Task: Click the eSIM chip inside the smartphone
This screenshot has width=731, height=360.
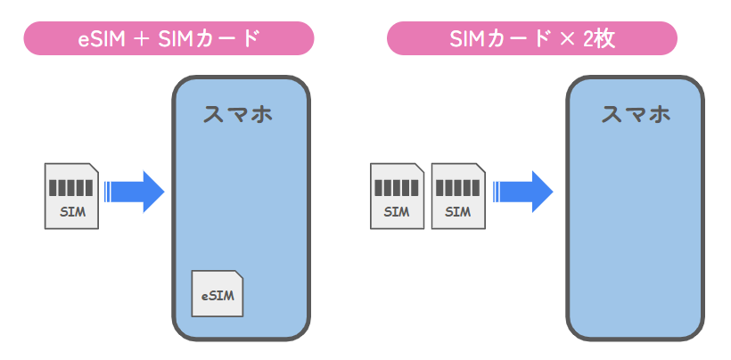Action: [x=218, y=293]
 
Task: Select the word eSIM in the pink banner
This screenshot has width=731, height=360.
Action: [x=102, y=38]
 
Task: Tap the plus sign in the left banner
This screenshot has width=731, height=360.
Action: [x=142, y=39]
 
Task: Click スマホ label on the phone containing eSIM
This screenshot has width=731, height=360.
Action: [x=238, y=114]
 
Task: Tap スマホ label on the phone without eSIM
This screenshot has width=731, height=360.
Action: [x=636, y=114]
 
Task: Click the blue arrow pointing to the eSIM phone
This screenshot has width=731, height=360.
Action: [x=135, y=192]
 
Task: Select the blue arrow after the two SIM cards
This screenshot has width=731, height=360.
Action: [x=522, y=192]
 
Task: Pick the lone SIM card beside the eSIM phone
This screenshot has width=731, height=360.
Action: [x=72, y=196]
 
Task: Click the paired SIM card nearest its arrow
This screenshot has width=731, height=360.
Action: [x=458, y=196]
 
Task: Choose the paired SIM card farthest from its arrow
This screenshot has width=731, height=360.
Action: [x=398, y=196]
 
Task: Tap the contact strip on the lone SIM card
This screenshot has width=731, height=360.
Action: [x=70, y=188]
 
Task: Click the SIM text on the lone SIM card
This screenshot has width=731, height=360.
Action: [x=73, y=212]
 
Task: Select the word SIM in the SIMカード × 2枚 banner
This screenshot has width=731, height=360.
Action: [x=468, y=38]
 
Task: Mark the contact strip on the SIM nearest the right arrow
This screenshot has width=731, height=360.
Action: [x=458, y=188]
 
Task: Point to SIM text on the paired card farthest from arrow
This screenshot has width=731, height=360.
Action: [x=397, y=212]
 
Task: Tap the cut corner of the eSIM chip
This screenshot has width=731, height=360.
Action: [x=239, y=274]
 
